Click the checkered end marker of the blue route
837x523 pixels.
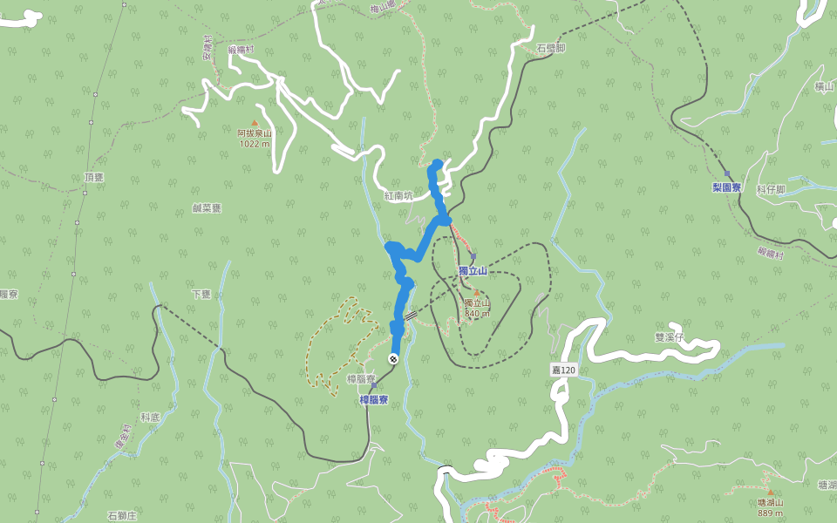tap(393, 359)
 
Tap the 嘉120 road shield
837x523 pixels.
tap(563, 370)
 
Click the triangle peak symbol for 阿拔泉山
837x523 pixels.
tap(255, 123)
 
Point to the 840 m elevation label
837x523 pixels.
tap(477, 313)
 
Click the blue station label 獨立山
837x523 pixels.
tap(472, 271)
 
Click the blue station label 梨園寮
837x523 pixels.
tap(725, 187)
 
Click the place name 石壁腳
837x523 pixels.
tap(551, 48)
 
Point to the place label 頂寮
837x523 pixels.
tap(94, 177)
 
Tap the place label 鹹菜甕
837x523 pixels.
tap(207, 208)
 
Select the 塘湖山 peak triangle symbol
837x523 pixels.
tap(770, 492)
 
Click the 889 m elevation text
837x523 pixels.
tap(770, 513)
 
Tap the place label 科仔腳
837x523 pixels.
tap(771, 189)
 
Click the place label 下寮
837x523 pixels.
tap(201, 295)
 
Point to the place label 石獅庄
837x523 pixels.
tap(122, 516)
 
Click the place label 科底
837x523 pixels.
tap(150, 418)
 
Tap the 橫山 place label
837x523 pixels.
tap(825, 87)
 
